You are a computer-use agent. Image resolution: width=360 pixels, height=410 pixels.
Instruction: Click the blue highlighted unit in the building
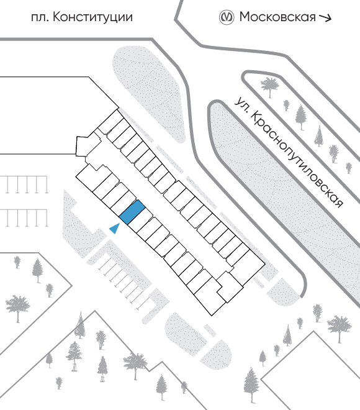[x=132, y=212]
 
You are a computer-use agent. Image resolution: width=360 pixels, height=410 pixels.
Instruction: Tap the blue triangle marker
[x=115, y=229]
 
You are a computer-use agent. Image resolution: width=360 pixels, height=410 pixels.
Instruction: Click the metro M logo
[x=226, y=17]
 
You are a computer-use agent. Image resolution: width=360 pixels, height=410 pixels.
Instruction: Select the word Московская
[x=277, y=17]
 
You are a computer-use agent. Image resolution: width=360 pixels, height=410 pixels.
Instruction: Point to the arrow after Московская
[x=325, y=18]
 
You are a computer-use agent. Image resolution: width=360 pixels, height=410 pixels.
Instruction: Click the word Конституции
[x=92, y=18]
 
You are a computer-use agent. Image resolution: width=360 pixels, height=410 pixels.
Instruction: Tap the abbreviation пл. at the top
[x=40, y=18]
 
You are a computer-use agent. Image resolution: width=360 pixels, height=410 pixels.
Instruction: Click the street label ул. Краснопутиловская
[x=289, y=152]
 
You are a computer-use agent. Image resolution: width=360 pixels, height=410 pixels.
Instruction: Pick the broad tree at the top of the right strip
[x=270, y=86]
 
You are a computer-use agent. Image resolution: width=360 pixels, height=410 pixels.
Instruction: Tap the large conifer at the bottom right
[x=251, y=385]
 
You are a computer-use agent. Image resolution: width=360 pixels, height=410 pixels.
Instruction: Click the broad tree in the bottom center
[x=135, y=365]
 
